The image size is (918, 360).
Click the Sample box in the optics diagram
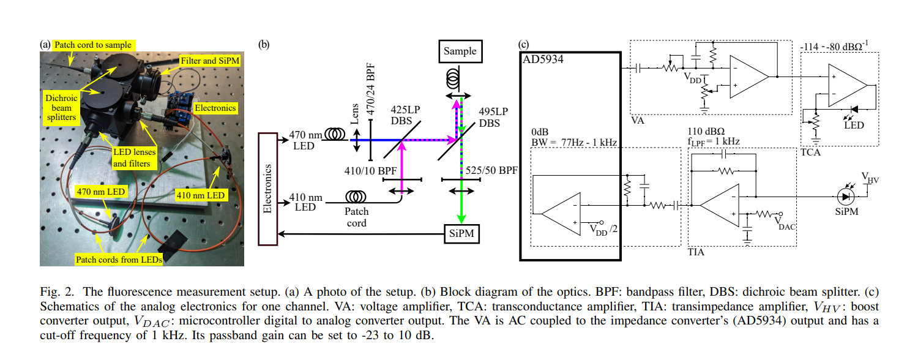[460, 51]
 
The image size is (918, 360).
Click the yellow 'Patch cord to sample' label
[92, 45]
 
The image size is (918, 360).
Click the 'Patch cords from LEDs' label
[119, 260]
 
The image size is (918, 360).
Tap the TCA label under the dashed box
[811, 150]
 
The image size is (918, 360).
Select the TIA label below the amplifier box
[696, 252]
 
